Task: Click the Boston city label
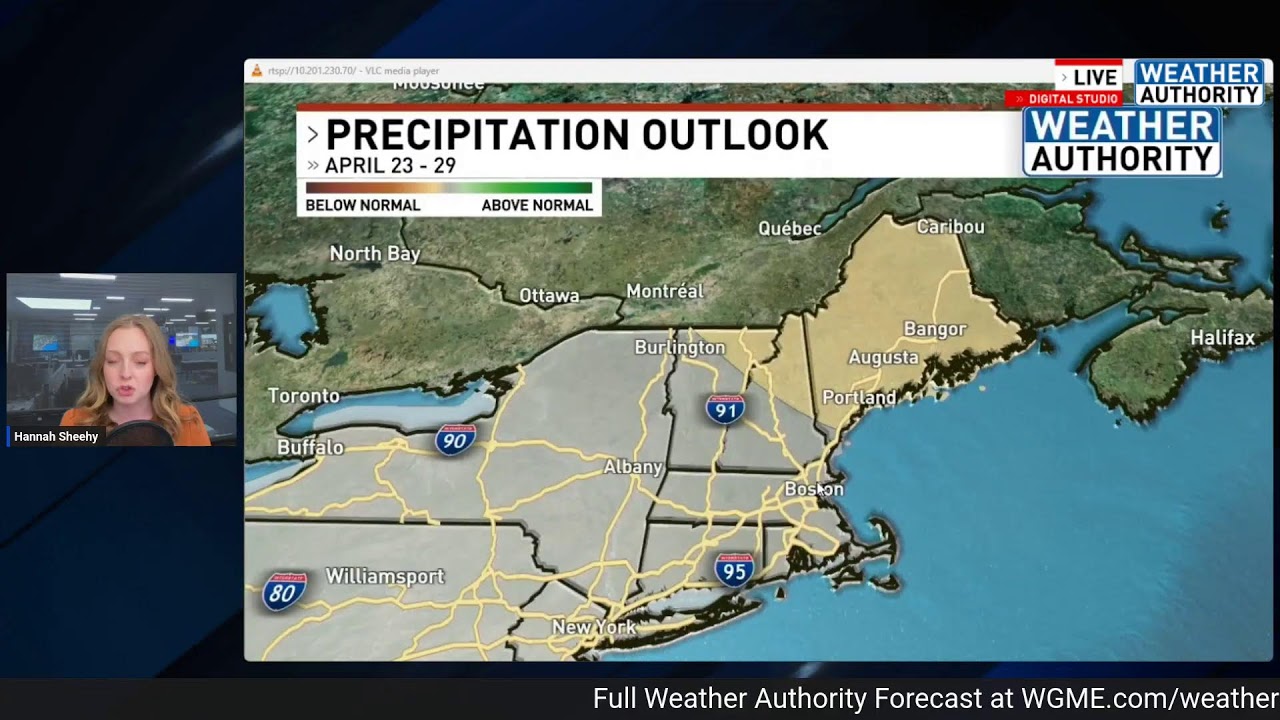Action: point(813,489)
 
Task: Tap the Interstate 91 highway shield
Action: point(725,409)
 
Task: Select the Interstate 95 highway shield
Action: point(734,570)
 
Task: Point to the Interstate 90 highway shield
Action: point(455,439)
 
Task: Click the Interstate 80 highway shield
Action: point(283,592)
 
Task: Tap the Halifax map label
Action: point(1222,338)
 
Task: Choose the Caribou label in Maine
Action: point(950,227)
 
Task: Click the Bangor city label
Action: point(935,329)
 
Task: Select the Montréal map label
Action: point(665,291)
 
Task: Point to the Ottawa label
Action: point(549,295)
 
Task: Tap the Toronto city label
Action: point(304,396)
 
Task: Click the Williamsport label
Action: point(385,577)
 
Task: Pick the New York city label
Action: point(594,627)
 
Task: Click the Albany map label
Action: point(633,467)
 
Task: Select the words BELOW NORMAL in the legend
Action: point(362,205)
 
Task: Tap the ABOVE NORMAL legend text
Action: point(537,205)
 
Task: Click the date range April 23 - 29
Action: point(390,166)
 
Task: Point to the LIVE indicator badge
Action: point(1089,77)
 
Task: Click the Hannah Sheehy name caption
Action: point(56,437)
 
